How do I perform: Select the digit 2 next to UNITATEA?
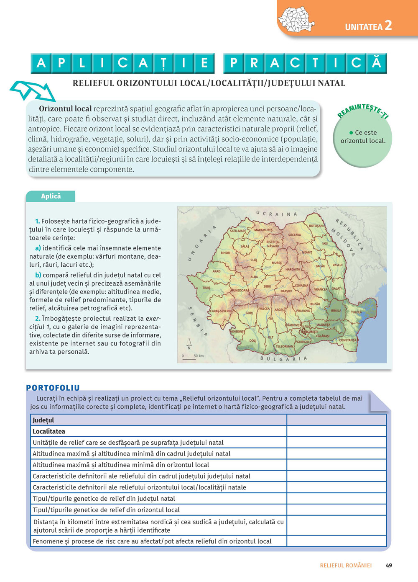[388, 26]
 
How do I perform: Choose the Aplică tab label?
[51, 196]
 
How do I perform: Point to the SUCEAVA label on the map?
[294, 235]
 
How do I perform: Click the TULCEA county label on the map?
[356, 312]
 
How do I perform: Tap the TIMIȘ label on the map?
[206, 288]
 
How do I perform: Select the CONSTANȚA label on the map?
[348, 340]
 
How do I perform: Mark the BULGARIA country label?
[283, 359]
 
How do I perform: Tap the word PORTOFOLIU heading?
[53, 388]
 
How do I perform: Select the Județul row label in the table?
[43, 420]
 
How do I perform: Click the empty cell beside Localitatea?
[336, 431]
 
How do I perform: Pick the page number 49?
[389, 565]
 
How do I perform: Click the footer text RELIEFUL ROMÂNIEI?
[346, 565]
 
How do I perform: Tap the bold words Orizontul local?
[65, 109]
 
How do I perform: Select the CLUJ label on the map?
[254, 260]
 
